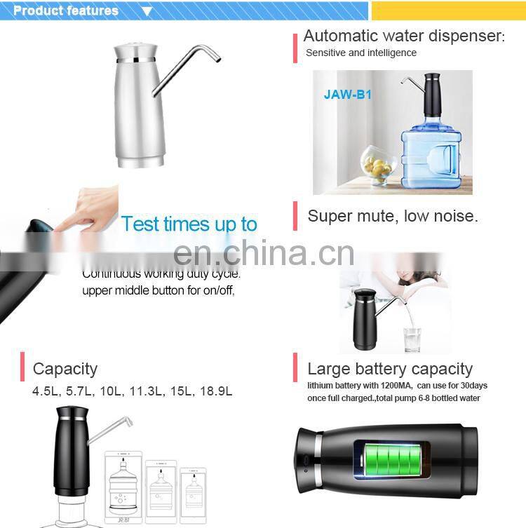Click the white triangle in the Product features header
[147, 11]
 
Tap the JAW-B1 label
[347, 94]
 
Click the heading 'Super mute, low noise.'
[393, 216]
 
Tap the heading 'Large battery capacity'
[390, 369]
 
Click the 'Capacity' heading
[65, 369]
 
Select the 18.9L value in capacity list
[217, 391]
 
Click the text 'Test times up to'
[189, 224]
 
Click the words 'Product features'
[66, 11]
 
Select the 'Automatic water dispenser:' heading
[403, 36]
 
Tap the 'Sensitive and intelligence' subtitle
[360, 53]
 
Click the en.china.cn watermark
[263, 254]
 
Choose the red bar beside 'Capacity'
[23, 367]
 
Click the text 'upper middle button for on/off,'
[159, 290]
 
